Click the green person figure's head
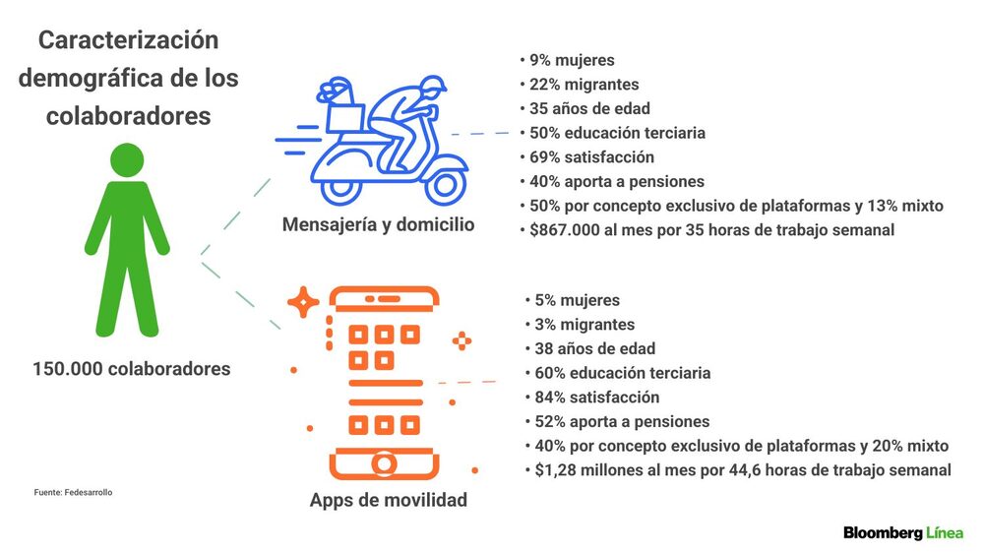coord(127,160)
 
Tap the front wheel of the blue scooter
coord(445,185)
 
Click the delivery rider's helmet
coord(432,86)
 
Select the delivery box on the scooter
coord(345,117)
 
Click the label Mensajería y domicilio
coord(379,224)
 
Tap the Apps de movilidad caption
coord(389,500)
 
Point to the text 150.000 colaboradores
coord(132,368)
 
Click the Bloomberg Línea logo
coord(903,533)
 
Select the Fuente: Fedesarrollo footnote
coord(74,492)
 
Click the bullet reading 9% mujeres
coord(568,60)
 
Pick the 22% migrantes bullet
coord(580,84)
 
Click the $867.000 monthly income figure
coord(565,229)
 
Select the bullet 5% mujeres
coord(573,300)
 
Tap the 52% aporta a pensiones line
coord(618,422)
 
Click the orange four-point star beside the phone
coord(303,302)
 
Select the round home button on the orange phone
coord(384,465)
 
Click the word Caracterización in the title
coord(129,40)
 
